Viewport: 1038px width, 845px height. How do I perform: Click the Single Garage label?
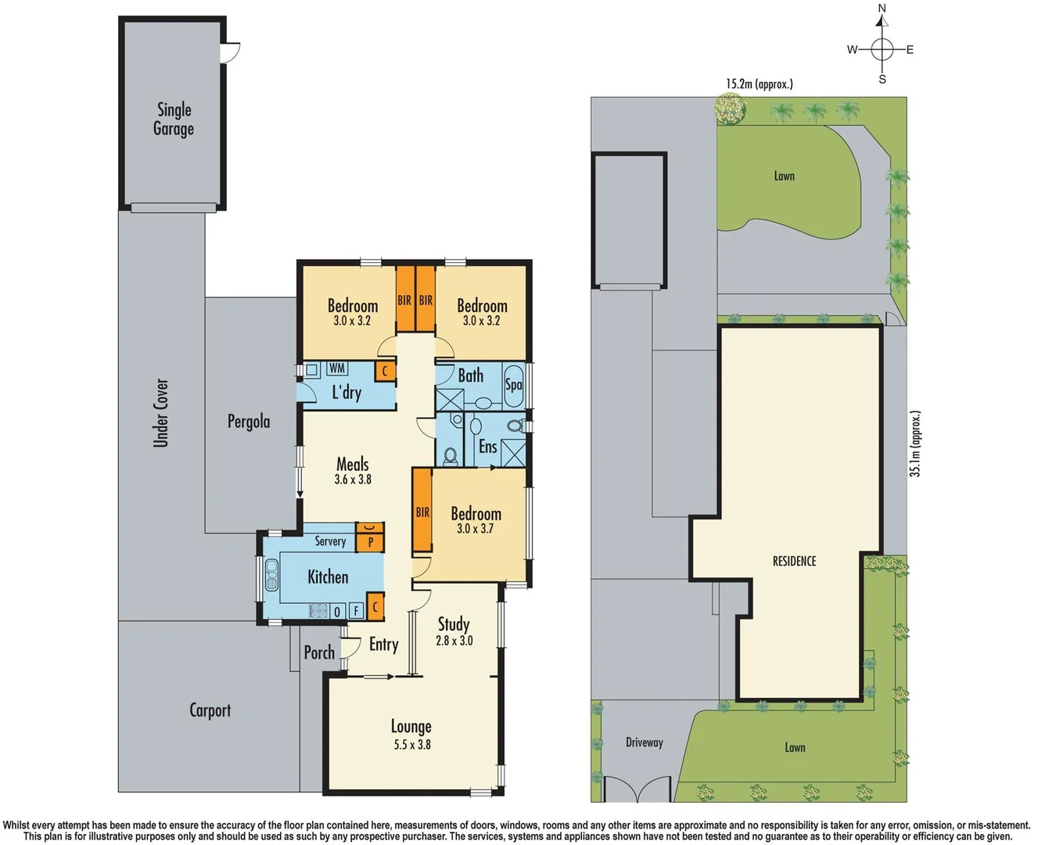point(174,119)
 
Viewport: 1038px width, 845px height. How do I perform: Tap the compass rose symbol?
point(882,49)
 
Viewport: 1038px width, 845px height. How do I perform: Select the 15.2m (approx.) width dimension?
point(759,84)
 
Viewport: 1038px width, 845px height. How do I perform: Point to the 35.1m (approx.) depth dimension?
point(916,443)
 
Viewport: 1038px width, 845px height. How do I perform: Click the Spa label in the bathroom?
point(513,384)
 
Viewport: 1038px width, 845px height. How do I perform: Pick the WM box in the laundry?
point(336,369)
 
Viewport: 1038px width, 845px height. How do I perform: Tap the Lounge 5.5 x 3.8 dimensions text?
point(412,745)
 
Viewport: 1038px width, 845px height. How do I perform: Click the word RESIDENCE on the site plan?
point(794,561)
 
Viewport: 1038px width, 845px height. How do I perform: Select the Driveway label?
point(644,742)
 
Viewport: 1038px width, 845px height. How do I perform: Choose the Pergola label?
point(249,422)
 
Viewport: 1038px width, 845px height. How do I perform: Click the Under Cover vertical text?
point(161,413)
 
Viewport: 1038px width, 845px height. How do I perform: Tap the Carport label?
point(210,710)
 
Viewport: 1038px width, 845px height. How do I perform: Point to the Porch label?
point(319,653)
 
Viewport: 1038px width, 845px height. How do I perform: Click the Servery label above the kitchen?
point(330,541)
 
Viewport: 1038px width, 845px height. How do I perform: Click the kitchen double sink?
point(271,575)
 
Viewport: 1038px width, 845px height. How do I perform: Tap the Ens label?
point(487,447)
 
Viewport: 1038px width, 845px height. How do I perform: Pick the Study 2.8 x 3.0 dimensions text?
point(454,641)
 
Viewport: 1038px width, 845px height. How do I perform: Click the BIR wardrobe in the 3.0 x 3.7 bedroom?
point(422,512)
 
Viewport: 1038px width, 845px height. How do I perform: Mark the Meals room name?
point(352,464)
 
